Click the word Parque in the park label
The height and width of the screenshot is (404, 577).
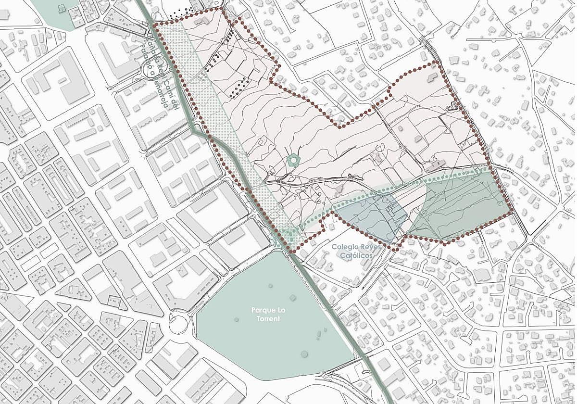(261, 310)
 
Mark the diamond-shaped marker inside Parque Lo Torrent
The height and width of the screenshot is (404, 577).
(292, 298)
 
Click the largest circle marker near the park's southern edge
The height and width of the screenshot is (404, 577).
(304, 354)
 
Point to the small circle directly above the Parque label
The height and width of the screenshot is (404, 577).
(270, 286)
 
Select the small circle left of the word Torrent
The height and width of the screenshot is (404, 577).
(237, 319)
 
